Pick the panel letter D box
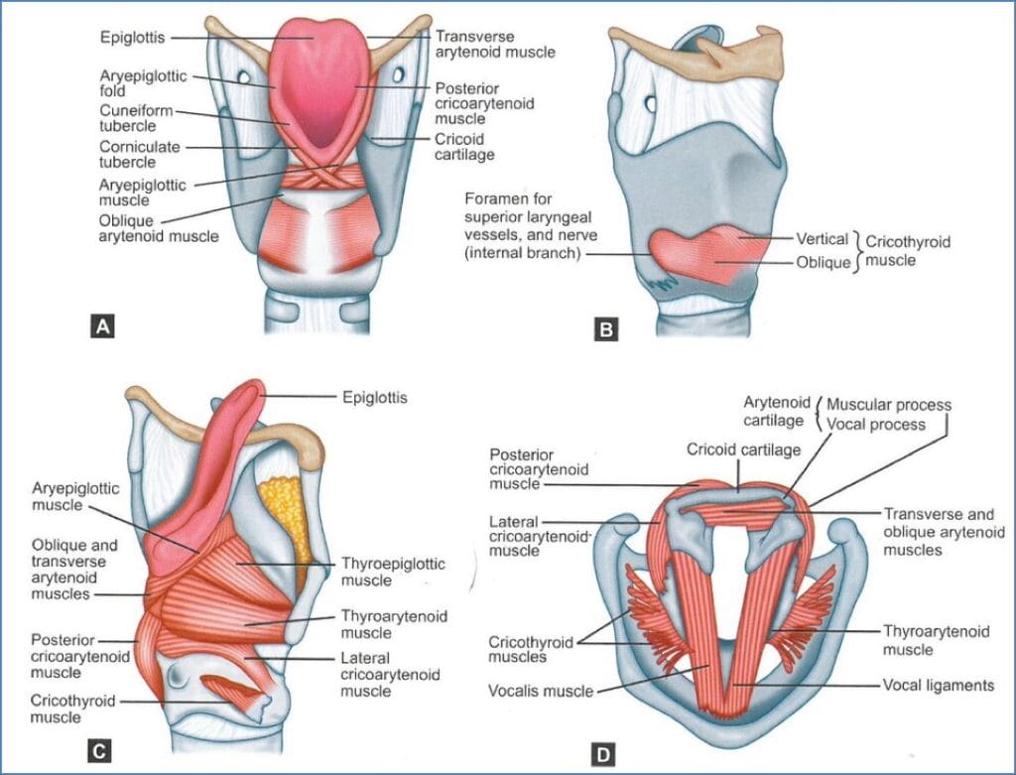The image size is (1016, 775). (602, 756)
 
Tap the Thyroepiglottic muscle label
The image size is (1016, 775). (392, 572)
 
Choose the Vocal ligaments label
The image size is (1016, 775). (938, 685)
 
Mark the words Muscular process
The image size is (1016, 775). (889, 405)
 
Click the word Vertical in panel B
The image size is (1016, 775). (823, 239)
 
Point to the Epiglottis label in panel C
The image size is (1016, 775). (375, 398)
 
